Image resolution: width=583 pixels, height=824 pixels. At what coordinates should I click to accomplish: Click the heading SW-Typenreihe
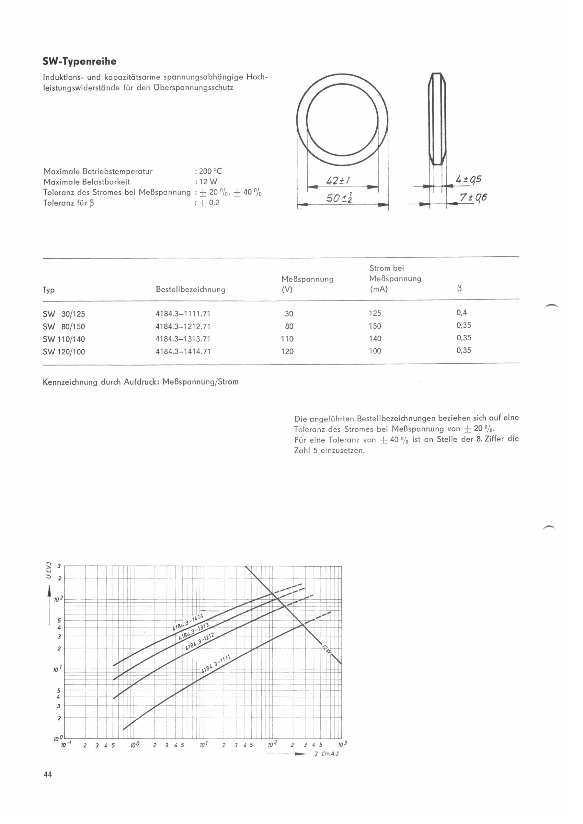tap(79, 62)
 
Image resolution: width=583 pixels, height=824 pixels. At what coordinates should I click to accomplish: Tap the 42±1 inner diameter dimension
tap(338, 181)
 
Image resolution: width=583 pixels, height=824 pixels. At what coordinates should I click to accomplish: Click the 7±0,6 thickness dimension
tap(474, 198)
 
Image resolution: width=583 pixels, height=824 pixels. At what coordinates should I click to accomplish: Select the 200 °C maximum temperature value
tap(211, 171)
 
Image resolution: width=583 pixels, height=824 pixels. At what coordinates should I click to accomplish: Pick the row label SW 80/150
tap(64, 327)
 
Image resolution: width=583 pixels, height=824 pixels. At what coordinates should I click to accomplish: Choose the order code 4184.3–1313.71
tap(183, 339)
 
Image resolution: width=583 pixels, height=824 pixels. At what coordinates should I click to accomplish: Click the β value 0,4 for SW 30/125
tap(462, 312)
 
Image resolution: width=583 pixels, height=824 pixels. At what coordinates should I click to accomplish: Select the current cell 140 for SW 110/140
tap(375, 338)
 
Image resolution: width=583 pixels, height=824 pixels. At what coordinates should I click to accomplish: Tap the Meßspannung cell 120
tap(287, 351)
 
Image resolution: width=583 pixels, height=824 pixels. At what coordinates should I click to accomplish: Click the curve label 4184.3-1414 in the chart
tap(188, 623)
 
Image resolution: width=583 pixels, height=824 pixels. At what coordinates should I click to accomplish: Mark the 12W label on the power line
tap(326, 648)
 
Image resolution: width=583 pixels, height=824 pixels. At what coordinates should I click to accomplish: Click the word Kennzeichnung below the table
tap(70, 382)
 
